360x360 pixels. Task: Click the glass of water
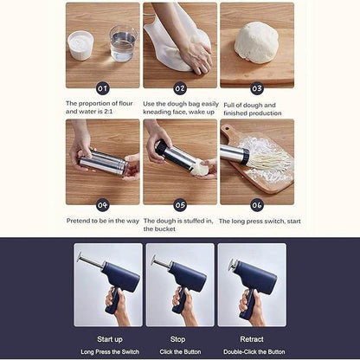pyautogui.click(x=123, y=44)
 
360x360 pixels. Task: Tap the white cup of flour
pyautogui.click(x=80, y=46)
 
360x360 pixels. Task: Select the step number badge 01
pyautogui.click(x=102, y=88)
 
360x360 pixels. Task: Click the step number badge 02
pyautogui.click(x=180, y=88)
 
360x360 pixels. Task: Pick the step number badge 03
pyautogui.click(x=257, y=88)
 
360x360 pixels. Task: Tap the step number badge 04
pyautogui.click(x=102, y=205)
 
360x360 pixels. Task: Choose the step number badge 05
pyautogui.click(x=180, y=205)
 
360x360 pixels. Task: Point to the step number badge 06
pyautogui.click(x=257, y=205)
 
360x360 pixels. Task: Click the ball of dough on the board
pyautogui.click(x=256, y=42)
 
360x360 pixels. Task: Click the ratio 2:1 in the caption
pyautogui.click(x=108, y=112)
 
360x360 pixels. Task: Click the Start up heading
pyautogui.click(x=110, y=339)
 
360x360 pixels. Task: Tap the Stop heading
pyautogui.click(x=177, y=339)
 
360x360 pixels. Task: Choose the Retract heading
pyautogui.click(x=252, y=339)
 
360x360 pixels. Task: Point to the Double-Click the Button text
pyautogui.click(x=254, y=352)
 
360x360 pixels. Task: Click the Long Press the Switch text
pyautogui.click(x=110, y=352)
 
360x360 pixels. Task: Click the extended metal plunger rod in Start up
pyautogui.click(x=91, y=260)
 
